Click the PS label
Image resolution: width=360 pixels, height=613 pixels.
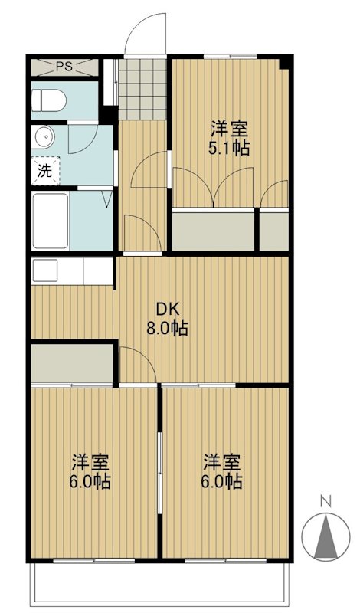(x=64, y=67)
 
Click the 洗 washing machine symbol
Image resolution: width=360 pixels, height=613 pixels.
(x=44, y=171)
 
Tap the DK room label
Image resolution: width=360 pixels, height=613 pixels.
(x=168, y=310)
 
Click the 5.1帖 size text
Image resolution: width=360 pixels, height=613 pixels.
(x=229, y=148)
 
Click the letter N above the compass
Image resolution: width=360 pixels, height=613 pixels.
(x=325, y=501)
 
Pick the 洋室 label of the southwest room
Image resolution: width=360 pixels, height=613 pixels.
(x=90, y=462)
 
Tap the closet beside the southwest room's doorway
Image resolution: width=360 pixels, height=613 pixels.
(x=72, y=364)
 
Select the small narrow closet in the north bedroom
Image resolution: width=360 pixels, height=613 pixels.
(x=273, y=230)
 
